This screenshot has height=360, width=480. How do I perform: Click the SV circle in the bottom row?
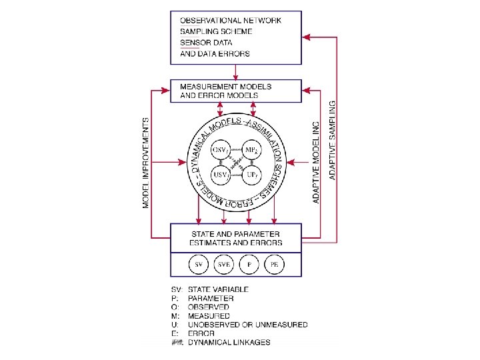[x=198, y=265]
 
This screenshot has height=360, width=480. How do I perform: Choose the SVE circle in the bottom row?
[x=223, y=265]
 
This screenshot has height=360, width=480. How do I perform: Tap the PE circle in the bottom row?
[x=274, y=265]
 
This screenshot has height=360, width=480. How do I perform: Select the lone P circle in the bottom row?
[x=249, y=265]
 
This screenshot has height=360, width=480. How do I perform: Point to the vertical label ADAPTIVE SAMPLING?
[x=332, y=140]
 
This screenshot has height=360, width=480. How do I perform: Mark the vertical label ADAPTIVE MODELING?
[x=317, y=162]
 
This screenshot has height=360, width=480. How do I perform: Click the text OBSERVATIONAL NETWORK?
[x=231, y=20]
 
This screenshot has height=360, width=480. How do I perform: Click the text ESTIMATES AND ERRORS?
[x=236, y=243]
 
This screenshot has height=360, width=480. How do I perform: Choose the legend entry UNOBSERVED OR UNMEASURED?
[x=248, y=325]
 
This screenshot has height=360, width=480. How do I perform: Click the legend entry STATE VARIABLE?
[x=218, y=289]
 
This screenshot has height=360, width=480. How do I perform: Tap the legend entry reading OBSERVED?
[x=209, y=307]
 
